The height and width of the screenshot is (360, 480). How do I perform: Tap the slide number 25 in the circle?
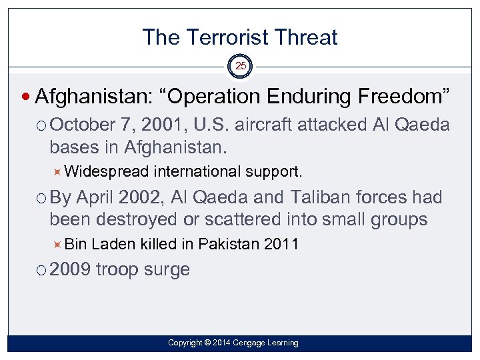click(240, 67)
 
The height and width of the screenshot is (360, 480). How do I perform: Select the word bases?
click(72, 146)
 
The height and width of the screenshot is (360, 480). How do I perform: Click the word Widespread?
click(107, 171)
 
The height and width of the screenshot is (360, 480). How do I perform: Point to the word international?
click(197, 171)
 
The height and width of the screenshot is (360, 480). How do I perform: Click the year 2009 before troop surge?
click(71, 270)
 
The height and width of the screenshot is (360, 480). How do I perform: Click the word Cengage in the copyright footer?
click(246, 343)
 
